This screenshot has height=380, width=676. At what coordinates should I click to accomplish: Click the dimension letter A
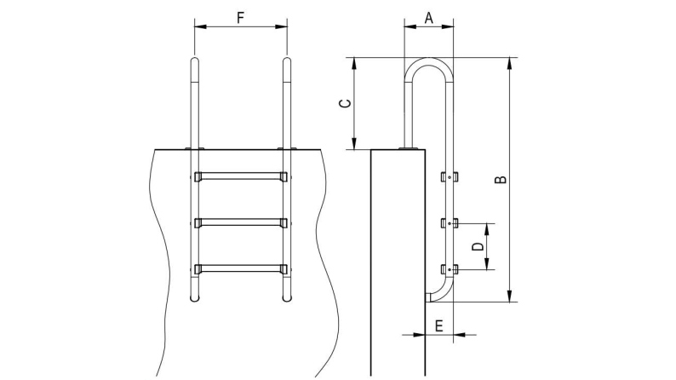[x=427, y=15]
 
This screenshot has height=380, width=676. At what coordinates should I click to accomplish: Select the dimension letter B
[x=502, y=179]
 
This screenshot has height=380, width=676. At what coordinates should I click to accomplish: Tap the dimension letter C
[x=345, y=103]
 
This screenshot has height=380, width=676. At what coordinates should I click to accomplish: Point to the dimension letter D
[x=478, y=246]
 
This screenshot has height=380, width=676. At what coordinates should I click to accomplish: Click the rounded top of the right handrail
[x=288, y=61]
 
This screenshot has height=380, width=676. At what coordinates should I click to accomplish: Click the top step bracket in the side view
[x=450, y=177]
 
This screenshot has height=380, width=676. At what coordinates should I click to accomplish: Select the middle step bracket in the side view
[x=450, y=223]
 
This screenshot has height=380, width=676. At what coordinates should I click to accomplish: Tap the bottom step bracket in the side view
[x=450, y=269]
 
